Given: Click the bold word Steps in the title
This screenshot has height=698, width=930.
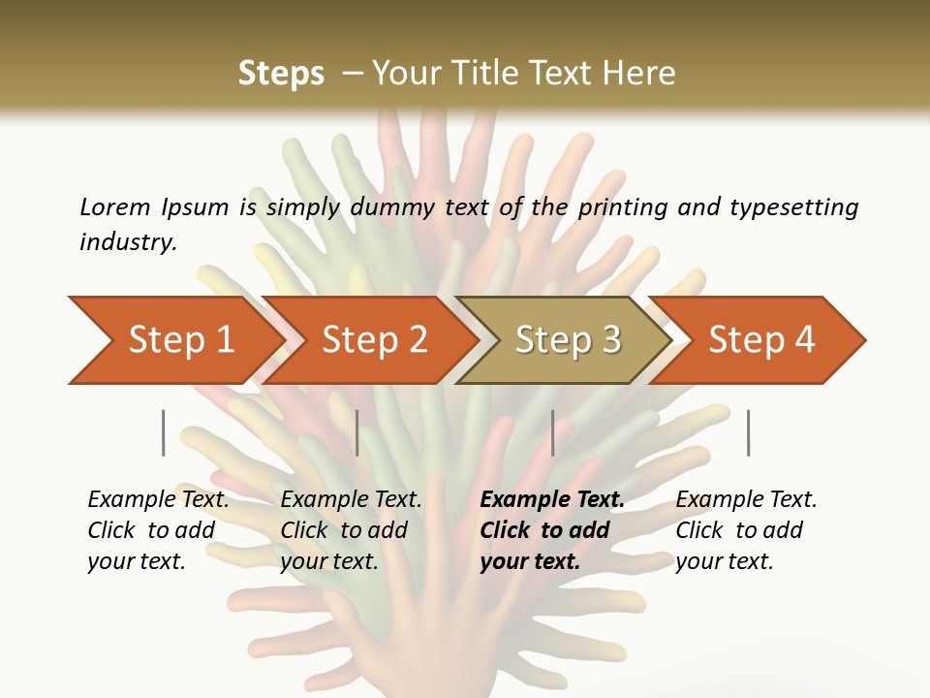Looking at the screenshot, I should pyautogui.click(x=281, y=74).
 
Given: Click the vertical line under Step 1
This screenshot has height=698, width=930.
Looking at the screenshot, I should pyautogui.click(x=164, y=432).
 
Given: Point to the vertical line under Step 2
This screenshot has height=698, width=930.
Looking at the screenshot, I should pyautogui.click(x=357, y=432).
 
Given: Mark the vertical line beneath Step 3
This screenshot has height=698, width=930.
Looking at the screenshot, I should pyautogui.click(x=553, y=432).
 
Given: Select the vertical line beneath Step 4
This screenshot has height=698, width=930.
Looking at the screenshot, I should pyautogui.click(x=749, y=432).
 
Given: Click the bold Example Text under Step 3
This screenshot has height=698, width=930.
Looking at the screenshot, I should pyautogui.click(x=552, y=500).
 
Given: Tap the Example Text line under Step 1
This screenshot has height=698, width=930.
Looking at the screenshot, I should pyautogui.click(x=158, y=500).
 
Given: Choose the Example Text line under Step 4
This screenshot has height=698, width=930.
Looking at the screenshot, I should pyautogui.click(x=746, y=500).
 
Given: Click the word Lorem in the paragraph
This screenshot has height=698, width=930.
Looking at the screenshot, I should pyautogui.click(x=114, y=207).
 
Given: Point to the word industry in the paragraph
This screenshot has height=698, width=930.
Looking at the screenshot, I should pyautogui.click(x=127, y=242).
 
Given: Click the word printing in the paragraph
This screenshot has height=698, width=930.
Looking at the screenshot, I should pyautogui.click(x=619, y=207).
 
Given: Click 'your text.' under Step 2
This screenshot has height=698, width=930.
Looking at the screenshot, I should pyautogui.click(x=328, y=561).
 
